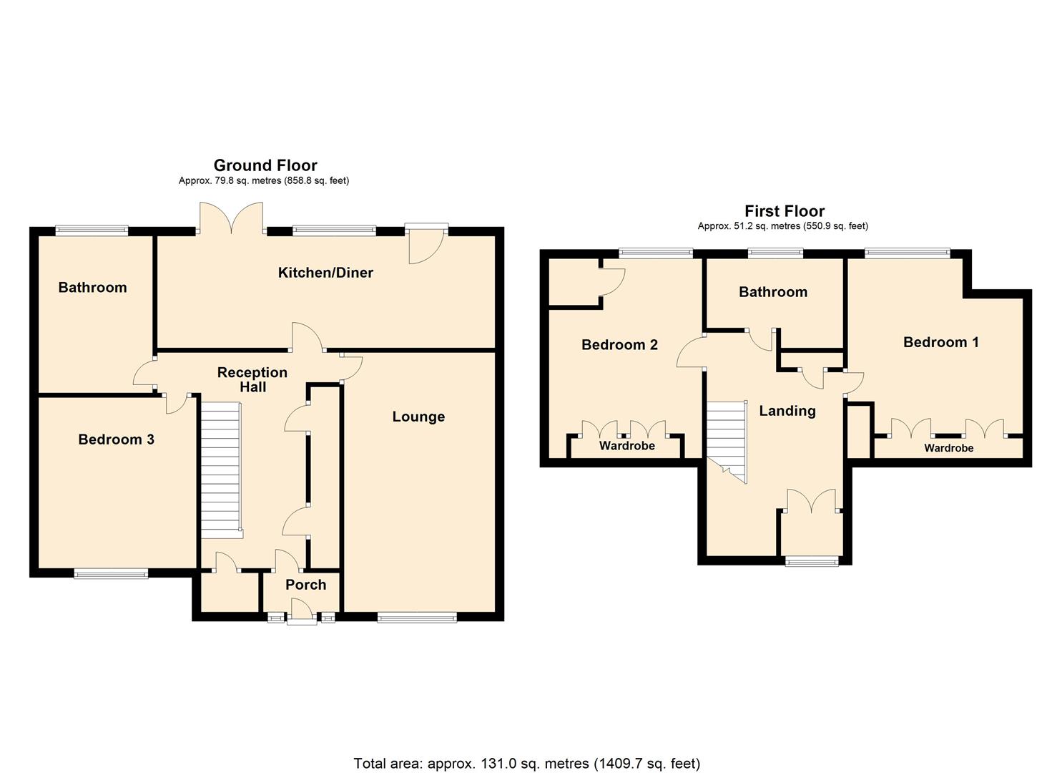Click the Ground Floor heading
[265, 165]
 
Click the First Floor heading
[785, 211]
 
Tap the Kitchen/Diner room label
[325, 273]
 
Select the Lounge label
[418, 417]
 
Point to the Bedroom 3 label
[116, 439]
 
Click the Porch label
[305, 585]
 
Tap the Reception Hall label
[252, 379]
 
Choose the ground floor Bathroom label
[92, 288]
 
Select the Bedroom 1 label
[940, 342]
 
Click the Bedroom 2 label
[619, 345]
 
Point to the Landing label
[787, 411]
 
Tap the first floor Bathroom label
[772, 292]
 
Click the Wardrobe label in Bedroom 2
[626, 446]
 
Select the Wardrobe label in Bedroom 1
[948, 448]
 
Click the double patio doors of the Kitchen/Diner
[232, 218]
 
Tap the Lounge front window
[417, 618]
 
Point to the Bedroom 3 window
[111, 573]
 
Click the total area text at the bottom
[527, 763]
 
